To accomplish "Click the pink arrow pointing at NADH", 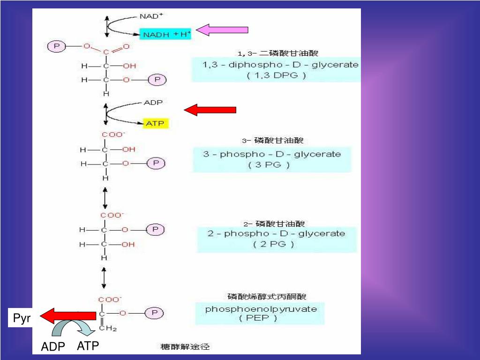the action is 222,30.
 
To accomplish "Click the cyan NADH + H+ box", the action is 165,34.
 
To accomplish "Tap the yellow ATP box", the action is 155,123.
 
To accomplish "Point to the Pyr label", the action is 22,319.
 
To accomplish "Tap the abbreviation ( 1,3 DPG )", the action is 277,75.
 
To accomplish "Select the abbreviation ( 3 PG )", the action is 272,165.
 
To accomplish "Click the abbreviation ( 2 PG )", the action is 274,244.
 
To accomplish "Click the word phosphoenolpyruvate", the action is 261,309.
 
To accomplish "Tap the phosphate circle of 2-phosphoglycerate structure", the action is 155,230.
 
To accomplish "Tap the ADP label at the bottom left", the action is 52,347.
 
